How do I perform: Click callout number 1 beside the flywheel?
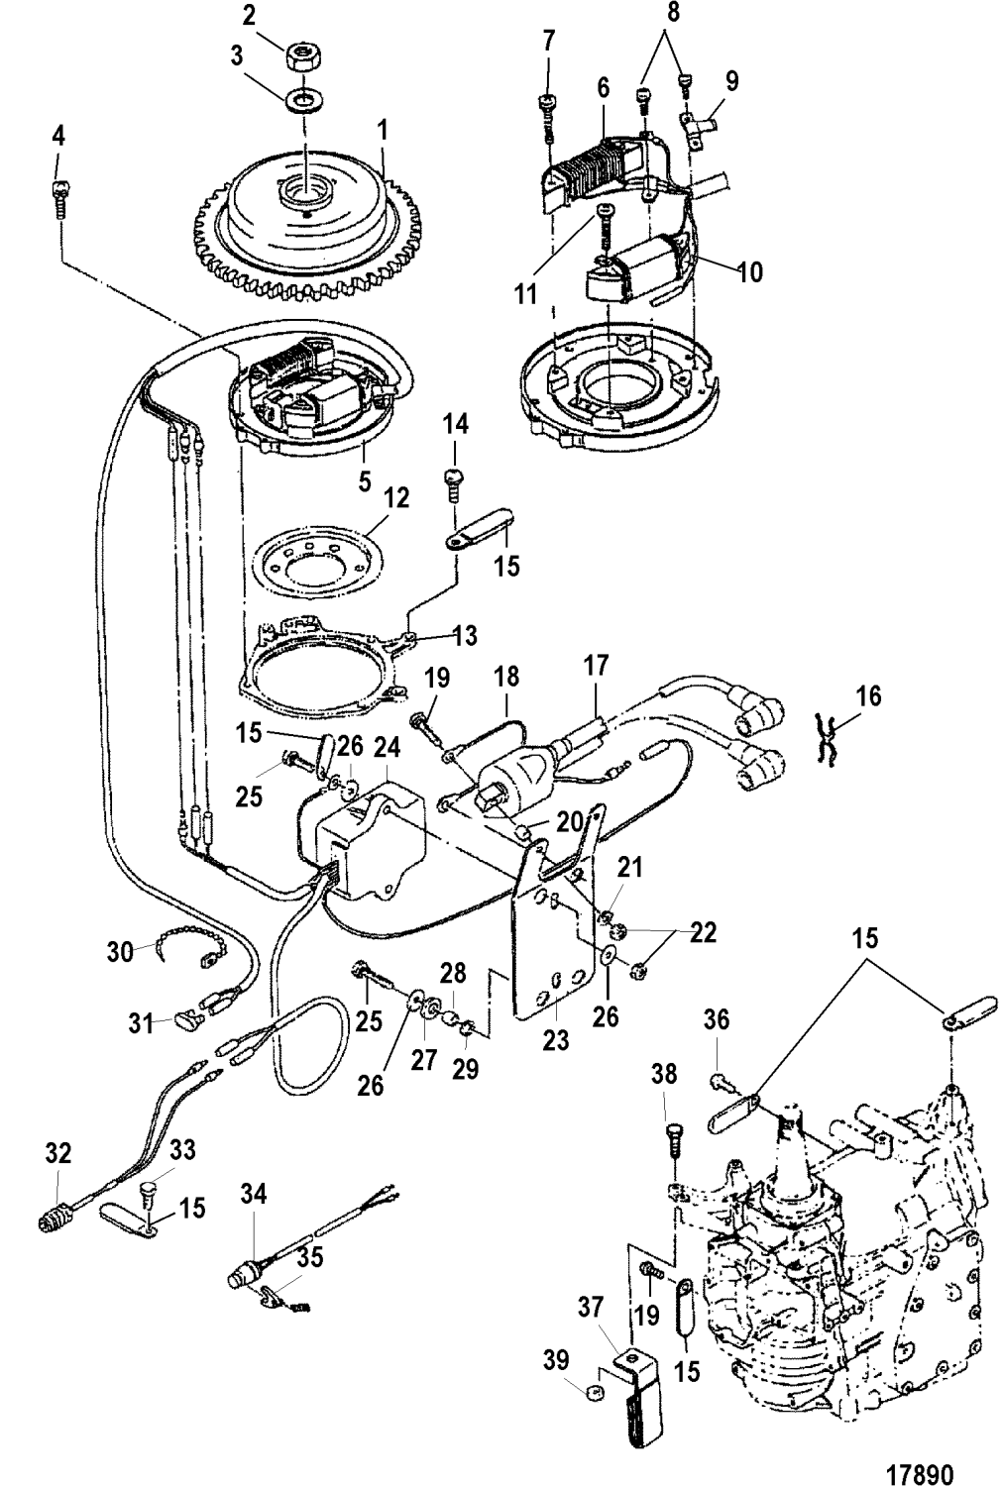coord(384,129)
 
